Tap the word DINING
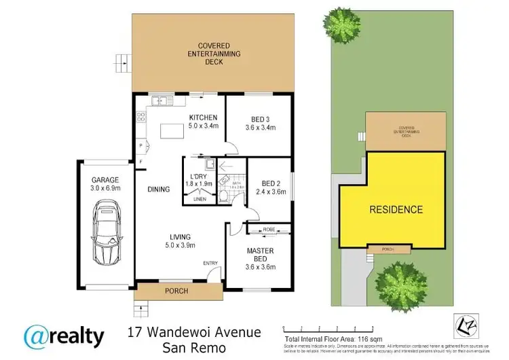159,190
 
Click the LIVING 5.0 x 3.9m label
181,241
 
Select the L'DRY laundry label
196,180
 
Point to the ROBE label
268,230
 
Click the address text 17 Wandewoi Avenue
193,332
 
